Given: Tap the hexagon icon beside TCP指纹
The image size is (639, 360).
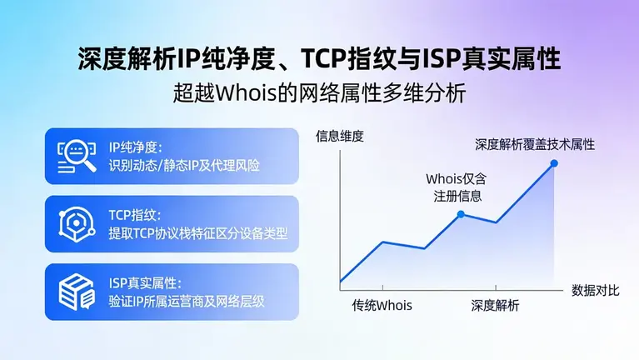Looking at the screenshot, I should (77, 223).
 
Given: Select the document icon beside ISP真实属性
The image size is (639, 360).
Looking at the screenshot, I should (77, 291).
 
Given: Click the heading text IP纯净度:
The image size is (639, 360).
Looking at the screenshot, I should (140, 147).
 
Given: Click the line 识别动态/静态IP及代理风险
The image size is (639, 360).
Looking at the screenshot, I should (184, 165).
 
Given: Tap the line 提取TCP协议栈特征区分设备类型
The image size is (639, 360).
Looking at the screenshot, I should (198, 233).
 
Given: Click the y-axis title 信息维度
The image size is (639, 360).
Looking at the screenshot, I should (340, 137).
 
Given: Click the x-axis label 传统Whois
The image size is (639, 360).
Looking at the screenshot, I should (382, 305).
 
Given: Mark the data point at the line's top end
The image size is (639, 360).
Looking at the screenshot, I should (554, 163).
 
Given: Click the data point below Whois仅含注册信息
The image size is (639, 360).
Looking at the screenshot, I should (460, 214).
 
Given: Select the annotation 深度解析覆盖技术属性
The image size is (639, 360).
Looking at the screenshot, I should (535, 144).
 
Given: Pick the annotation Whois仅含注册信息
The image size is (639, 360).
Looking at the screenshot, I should (455, 187).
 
